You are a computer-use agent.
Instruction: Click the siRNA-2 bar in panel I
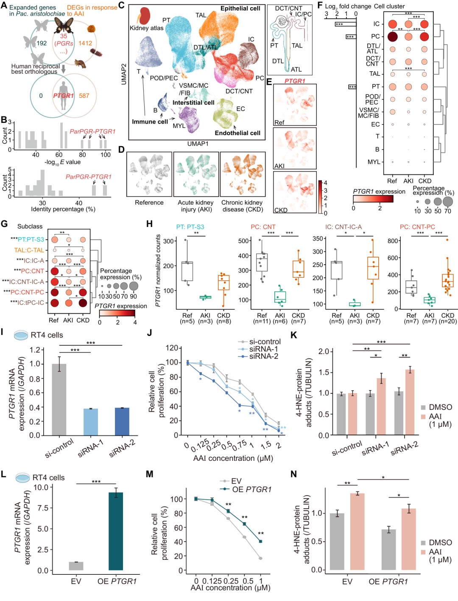tap(122, 421)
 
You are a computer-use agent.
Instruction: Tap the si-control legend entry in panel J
tap(260, 342)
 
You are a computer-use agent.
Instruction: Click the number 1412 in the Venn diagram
tap(85, 43)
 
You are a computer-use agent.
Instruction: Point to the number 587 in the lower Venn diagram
tap(84, 96)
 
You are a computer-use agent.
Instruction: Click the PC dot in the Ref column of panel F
tap(393, 36)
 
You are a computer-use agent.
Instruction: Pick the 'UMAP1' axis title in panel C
tap(198, 144)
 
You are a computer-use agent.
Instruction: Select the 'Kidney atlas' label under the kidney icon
tap(146, 28)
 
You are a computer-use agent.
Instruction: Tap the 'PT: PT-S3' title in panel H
tap(190, 227)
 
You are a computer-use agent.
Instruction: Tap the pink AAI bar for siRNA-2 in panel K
tap(410, 402)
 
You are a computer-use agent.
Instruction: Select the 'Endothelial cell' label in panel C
tap(237, 133)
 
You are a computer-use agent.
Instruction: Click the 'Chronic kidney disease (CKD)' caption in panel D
tap(242, 206)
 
